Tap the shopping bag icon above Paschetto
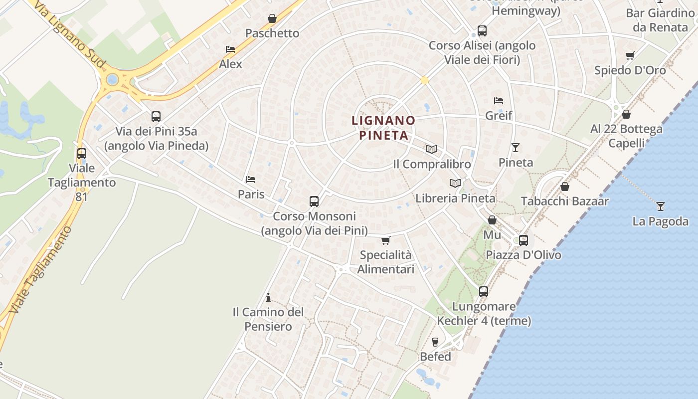272,19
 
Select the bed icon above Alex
230,49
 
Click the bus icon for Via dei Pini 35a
156,117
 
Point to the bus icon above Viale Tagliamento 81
82,154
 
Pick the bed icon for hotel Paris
251,180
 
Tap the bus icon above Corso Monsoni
314,201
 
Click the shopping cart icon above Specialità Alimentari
385,241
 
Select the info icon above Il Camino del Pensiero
268,298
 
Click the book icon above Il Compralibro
432,149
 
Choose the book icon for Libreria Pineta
455,184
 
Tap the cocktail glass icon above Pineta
516,148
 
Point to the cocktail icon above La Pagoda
661,206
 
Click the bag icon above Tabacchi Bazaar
565,187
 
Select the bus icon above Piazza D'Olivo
523,240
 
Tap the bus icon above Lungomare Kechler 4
484,292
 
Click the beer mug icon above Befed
435,342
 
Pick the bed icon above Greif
498,101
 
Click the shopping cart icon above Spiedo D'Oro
630,56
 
